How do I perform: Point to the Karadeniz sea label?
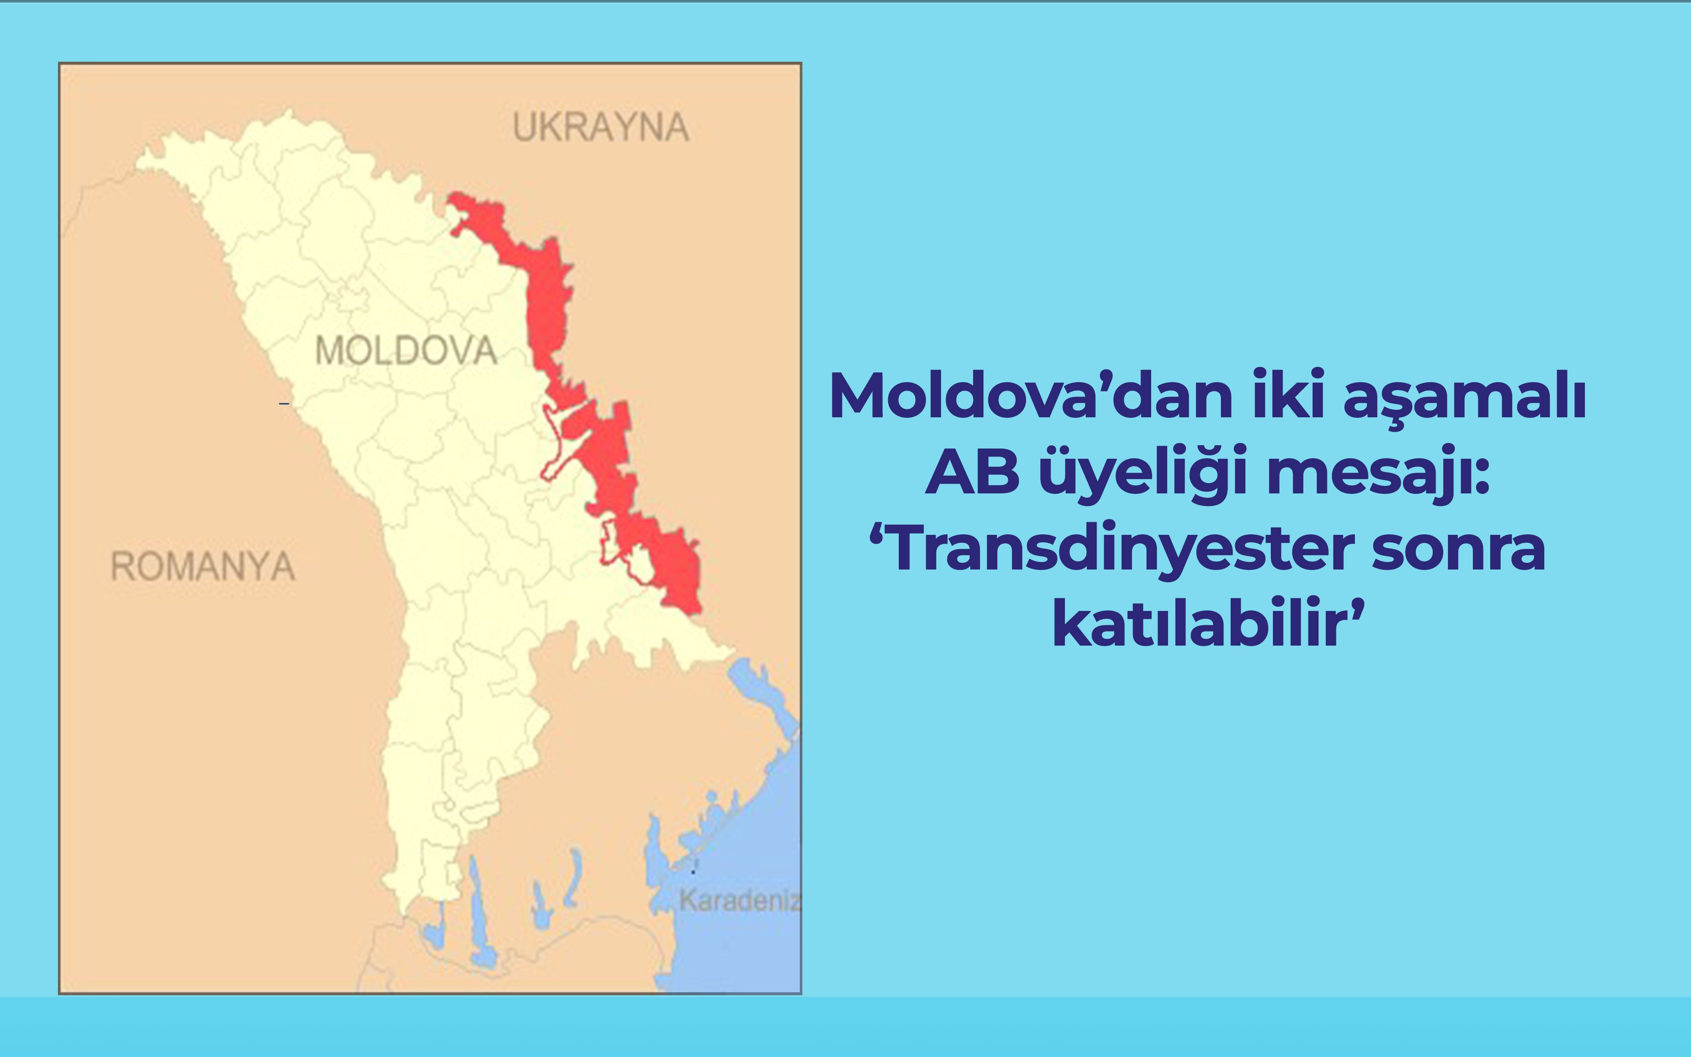739,901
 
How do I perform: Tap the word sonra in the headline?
1458,550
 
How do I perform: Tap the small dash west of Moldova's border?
284,403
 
